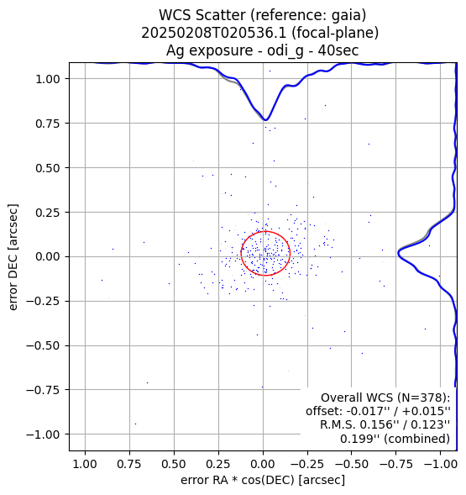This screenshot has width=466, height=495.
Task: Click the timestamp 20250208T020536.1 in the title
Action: (x=213, y=33)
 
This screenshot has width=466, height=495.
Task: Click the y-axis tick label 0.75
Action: (x=47, y=124)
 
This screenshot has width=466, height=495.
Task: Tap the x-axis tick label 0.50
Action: (x=174, y=464)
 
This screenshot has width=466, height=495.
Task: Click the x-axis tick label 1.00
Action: (x=85, y=464)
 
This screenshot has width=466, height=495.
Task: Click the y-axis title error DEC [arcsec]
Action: (x=13, y=257)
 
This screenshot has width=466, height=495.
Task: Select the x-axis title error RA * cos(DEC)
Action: (x=238, y=480)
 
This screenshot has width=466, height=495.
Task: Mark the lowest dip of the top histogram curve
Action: (x=266, y=120)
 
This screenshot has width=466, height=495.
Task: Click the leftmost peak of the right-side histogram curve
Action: (x=398, y=253)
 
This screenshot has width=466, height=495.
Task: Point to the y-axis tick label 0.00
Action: (x=47, y=256)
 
